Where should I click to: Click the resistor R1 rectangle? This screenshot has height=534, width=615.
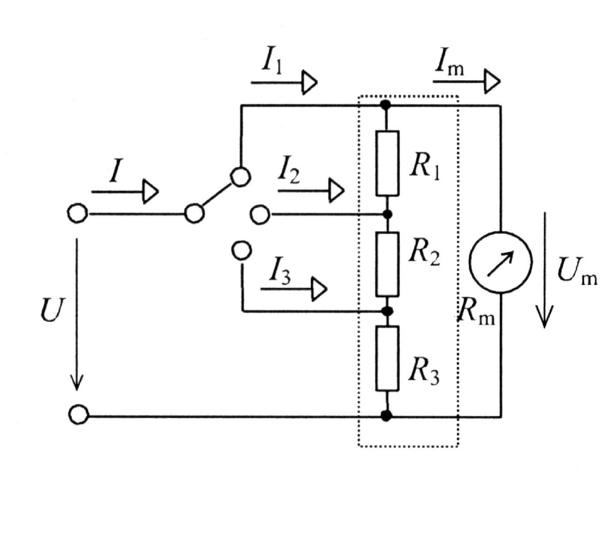coord(387,163)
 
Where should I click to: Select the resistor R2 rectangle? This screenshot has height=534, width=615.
coord(387,264)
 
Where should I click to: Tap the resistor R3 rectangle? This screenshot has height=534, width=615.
coord(387,358)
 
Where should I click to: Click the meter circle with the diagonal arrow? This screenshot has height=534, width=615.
coord(501,262)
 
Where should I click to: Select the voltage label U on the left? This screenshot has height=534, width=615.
coord(52,309)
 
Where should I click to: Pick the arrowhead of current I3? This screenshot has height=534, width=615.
coord(319,289)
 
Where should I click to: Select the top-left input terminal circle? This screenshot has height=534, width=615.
coord(77,214)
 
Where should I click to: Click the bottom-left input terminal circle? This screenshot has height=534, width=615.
coord(79,415)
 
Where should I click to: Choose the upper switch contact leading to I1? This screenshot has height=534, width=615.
coord(241,177)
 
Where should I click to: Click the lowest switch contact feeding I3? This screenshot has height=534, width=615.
coord(242,250)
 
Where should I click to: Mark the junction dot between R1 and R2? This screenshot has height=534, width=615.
coord(387,214)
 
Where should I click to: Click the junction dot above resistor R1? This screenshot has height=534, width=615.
coord(386,105)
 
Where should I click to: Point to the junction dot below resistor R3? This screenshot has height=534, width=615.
coord(386,415)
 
